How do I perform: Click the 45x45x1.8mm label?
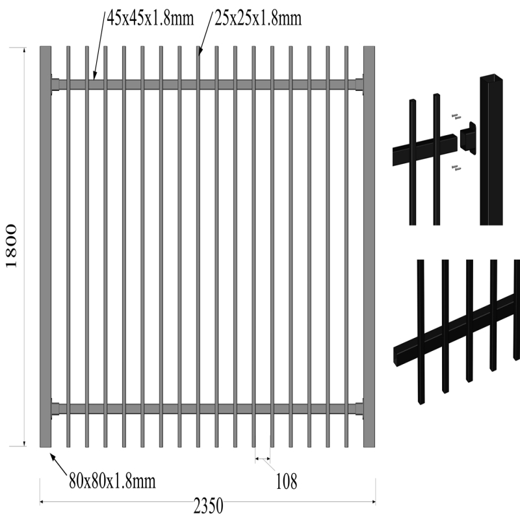tap(150, 18)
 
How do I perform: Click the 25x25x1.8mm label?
tap(258, 18)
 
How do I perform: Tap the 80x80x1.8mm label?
tap(112, 481)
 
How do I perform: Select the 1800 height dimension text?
tap(12, 246)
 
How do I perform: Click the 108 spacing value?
tap(287, 482)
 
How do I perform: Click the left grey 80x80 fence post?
tap(45, 246)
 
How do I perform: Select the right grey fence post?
tap(369, 246)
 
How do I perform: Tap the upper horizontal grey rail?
tap(207, 84)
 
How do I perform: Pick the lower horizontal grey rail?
tap(207, 409)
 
